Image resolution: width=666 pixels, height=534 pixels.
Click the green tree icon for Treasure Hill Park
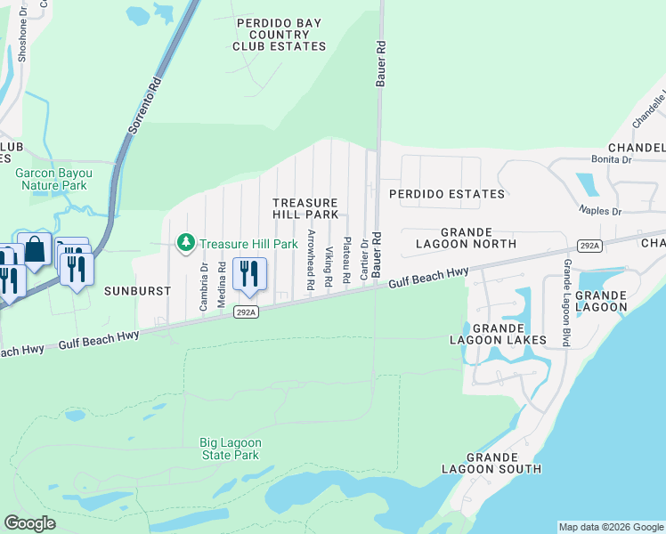(x=186, y=242)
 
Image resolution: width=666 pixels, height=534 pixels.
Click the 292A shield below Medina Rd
(x=247, y=311)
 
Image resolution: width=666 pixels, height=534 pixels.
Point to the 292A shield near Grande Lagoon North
(x=589, y=245)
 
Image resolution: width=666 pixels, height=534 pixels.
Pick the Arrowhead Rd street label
(x=311, y=261)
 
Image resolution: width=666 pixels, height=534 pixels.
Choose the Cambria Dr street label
(x=204, y=285)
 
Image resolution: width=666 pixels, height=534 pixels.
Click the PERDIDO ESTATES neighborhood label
(x=447, y=193)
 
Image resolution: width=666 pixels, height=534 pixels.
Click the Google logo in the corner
(x=29, y=523)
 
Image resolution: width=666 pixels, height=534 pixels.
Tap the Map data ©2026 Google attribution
(x=610, y=527)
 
